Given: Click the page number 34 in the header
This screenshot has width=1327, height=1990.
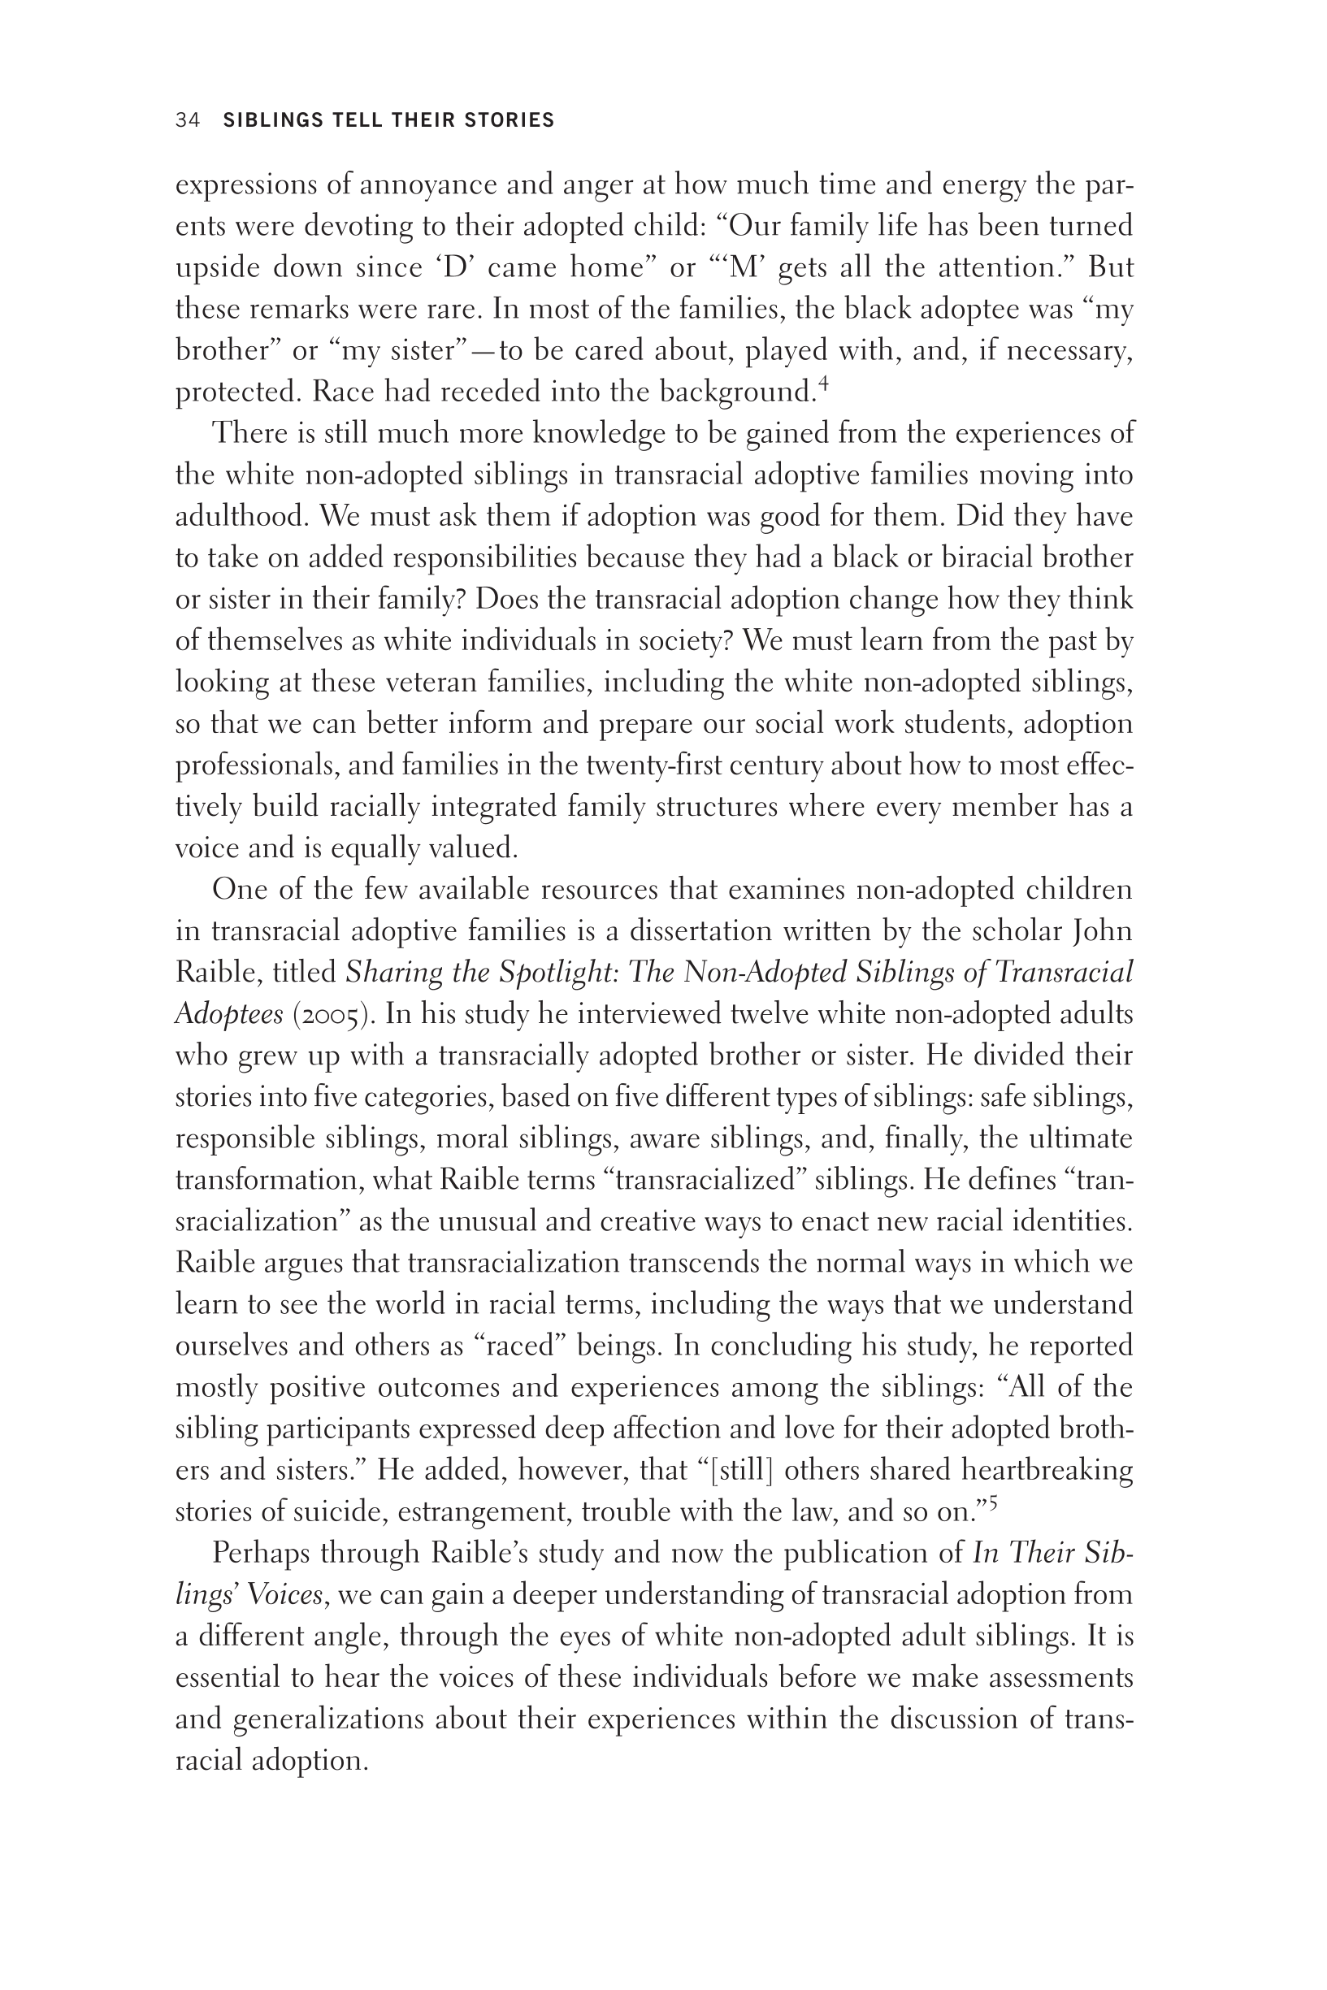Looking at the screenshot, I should [x=187, y=120].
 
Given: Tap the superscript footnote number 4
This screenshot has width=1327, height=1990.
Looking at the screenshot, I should [x=823, y=386].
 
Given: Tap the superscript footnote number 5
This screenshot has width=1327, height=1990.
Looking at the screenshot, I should [x=994, y=1503].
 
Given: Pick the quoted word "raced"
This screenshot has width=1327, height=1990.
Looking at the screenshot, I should [x=519, y=1346].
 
